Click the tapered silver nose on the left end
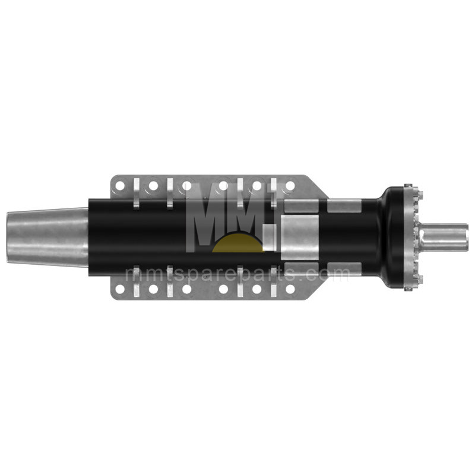(x=47, y=237)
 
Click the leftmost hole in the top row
(x=120, y=186)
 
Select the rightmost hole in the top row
(x=290, y=186)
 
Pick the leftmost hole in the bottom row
(x=120, y=289)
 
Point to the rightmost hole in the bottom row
(x=290, y=289)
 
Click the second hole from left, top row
(x=153, y=186)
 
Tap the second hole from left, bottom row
(x=153, y=289)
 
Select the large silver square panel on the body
(x=300, y=237)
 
